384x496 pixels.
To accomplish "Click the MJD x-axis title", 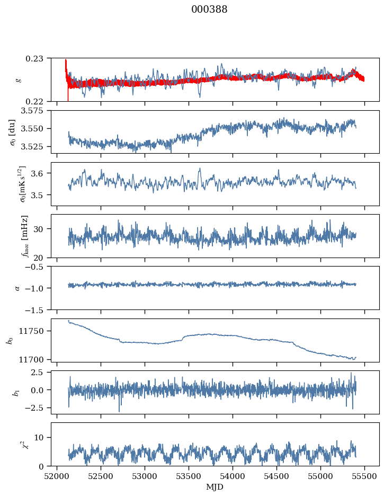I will point(215,487).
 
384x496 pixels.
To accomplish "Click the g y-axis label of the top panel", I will point(19,79).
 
